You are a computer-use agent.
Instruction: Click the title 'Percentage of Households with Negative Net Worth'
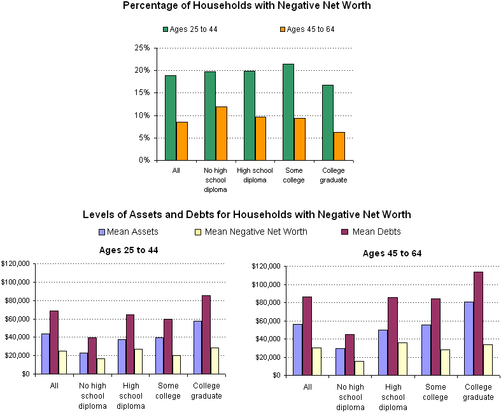tap(247, 6)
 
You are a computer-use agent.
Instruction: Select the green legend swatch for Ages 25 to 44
tap(166, 29)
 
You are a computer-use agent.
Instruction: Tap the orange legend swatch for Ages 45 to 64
tap(283, 29)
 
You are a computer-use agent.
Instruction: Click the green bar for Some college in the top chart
tap(288, 112)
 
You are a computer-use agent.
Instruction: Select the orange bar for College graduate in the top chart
tap(339, 146)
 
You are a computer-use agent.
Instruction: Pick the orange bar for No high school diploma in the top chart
tap(221, 133)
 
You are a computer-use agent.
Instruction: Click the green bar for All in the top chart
tap(170, 118)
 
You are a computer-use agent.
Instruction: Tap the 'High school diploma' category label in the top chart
tap(255, 175)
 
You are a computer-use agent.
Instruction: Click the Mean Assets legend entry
tap(128, 232)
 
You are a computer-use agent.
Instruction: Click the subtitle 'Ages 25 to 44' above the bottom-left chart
tap(129, 249)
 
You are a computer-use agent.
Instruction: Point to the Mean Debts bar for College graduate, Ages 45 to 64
tap(478, 323)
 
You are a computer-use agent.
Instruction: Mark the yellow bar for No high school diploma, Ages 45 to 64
tap(360, 368)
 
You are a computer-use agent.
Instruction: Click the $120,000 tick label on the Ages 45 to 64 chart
tap(265, 266)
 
